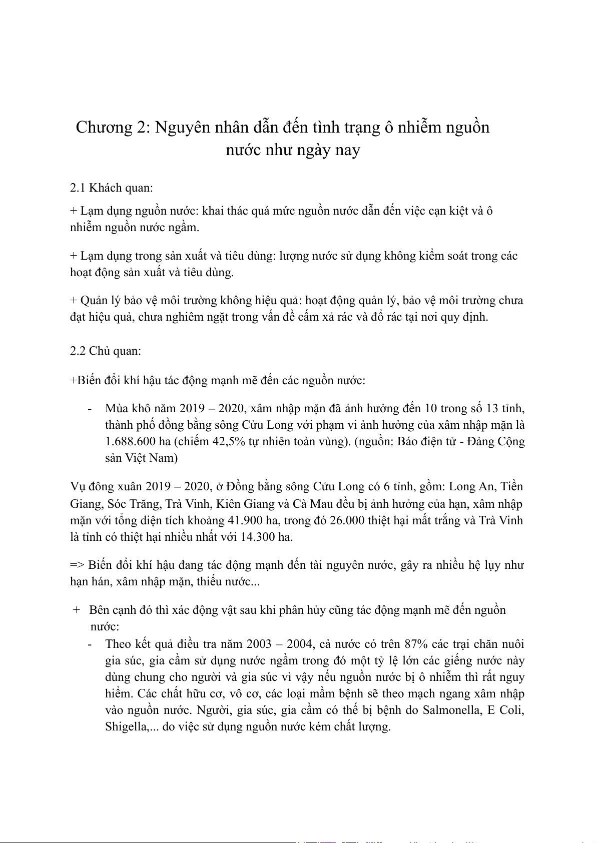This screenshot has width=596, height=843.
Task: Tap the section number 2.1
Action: coord(78,188)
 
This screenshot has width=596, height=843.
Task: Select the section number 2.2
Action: coord(78,351)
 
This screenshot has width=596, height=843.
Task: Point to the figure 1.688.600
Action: coord(131,442)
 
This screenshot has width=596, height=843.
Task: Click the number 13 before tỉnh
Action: coord(492,409)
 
